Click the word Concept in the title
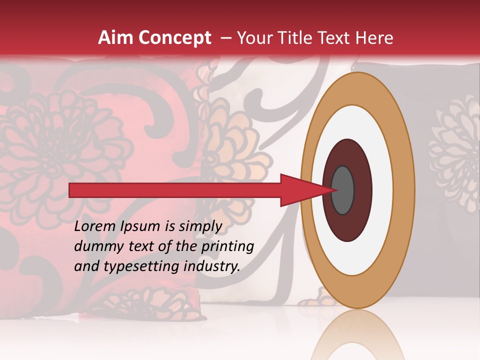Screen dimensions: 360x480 click(x=174, y=38)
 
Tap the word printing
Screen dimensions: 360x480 click(x=228, y=246)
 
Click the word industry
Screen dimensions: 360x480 click(x=212, y=266)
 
